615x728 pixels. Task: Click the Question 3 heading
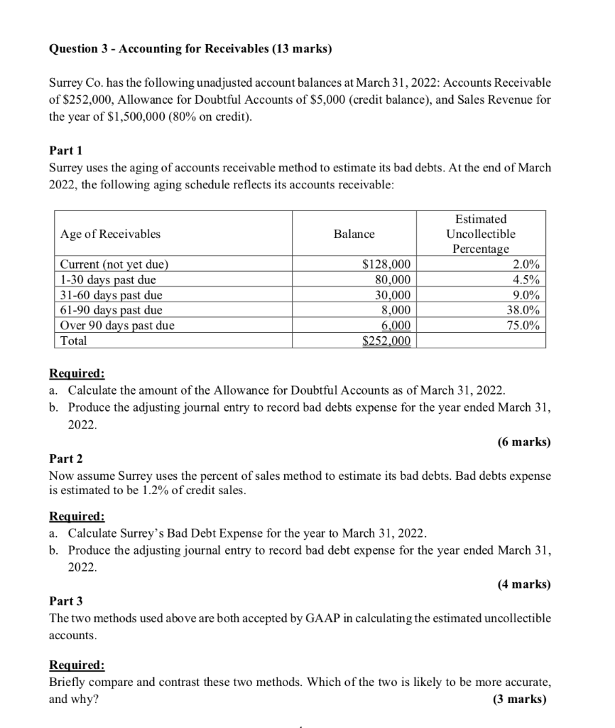190,49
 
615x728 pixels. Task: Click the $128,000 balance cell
386,265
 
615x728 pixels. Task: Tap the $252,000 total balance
386,341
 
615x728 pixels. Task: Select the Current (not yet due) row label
114,265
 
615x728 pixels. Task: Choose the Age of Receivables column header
110,234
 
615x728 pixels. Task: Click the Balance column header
354,234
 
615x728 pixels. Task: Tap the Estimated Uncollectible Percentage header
481,234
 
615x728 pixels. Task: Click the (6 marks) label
523,442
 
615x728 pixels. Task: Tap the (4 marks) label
523,584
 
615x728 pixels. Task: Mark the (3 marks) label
521,699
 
